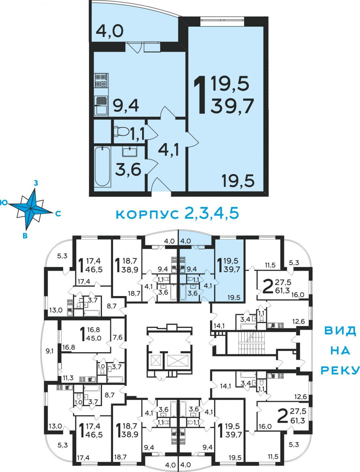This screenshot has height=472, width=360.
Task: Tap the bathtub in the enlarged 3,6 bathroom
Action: pos(102,166)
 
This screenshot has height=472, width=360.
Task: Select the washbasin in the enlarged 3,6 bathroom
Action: pos(130,151)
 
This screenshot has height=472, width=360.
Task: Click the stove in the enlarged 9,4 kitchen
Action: pos(101,80)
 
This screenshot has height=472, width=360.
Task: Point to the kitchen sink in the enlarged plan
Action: pos(101,106)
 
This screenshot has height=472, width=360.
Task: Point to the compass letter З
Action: pos(36,183)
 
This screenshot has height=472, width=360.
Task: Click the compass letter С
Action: pos(58,213)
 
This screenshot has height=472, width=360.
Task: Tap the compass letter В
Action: pos(25,235)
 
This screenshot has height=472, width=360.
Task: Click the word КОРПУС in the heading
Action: pos(147,214)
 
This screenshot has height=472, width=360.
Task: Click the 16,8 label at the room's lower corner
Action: pos(69,347)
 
